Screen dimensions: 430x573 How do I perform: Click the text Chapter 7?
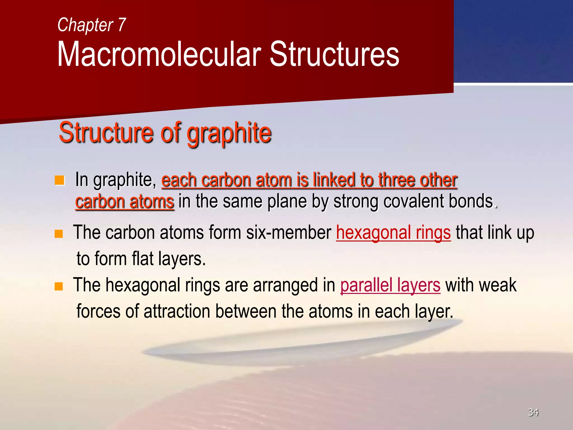tap(91, 25)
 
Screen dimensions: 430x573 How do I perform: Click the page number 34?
tap(533, 412)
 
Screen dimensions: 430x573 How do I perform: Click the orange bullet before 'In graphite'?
tap(59, 180)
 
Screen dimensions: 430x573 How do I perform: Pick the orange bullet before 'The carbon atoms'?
tap(58, 233)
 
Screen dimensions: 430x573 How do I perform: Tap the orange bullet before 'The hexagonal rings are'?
tap(58, 286)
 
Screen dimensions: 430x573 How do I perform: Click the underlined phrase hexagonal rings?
tap(393, 233)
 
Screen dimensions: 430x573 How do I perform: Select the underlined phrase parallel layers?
tap(390, 286)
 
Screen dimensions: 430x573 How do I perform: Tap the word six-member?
tap(288, 233)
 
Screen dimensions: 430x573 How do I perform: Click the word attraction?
tap(177, 312)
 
